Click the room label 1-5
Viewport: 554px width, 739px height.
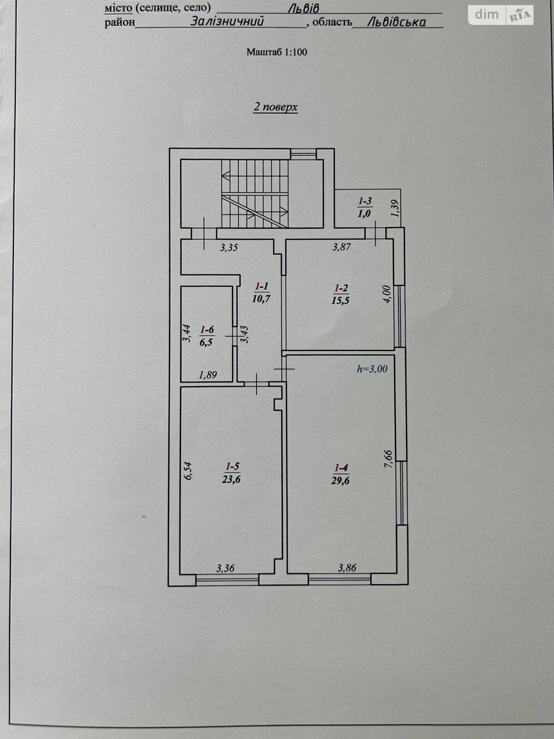(x=232, y=466)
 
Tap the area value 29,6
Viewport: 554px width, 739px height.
(x=340, y=480)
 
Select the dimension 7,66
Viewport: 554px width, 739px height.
(x=388, y=459)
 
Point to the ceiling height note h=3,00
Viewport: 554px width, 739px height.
(x=372, y=369)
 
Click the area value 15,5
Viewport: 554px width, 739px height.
(x=340, y=300)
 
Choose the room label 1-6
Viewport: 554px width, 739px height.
(x=206, y=330)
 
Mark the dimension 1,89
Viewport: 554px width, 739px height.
(x=208, y=375)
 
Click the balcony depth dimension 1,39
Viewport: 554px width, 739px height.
(x=395, y=208)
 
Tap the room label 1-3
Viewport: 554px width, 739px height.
(x=365, y=201)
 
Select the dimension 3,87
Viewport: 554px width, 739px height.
(x=342, y=247)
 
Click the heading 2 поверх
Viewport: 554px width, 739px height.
(x=276, y=108)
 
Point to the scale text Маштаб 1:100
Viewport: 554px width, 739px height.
(x=277, y=52)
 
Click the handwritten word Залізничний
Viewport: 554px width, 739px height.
(x=227, y=22)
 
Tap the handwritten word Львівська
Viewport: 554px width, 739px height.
(x=396, y=22)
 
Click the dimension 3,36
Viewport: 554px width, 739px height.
(x=225, y=569)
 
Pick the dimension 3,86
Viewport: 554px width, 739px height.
(x=347, y=568)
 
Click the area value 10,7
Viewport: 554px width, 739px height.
(x=261, y=298)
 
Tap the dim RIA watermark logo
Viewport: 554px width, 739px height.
(x=501, y=15)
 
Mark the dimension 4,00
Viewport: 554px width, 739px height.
(x=387, y=295)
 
